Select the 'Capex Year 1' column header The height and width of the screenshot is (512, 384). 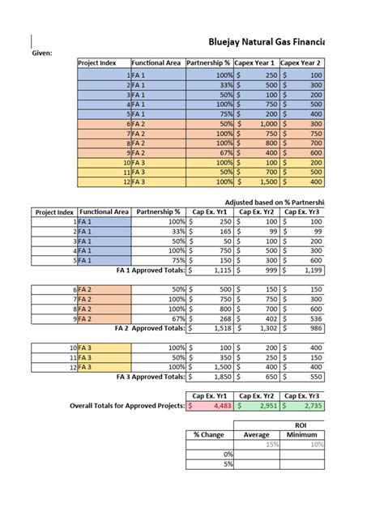[254, 62]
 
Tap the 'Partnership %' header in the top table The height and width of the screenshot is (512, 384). [208, 62]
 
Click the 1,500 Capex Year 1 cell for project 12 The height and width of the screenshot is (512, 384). [254, 182]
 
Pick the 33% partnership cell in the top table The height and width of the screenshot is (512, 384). [209, 85]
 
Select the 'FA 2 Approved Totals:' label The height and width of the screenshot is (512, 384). [150, 330]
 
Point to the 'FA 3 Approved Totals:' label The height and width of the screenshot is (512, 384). [151, 377]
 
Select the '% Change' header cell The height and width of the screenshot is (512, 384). [207, 434]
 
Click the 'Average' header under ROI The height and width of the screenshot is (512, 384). [256, 434]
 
